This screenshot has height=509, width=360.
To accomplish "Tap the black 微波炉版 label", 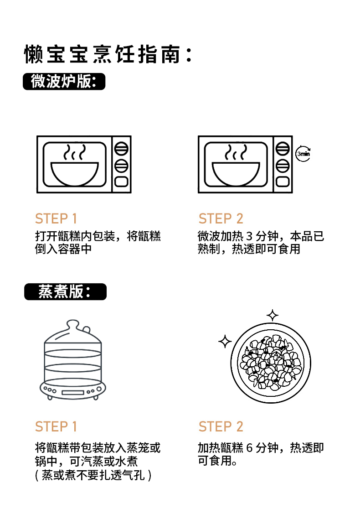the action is [64, 82].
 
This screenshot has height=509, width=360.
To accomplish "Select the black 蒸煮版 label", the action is [65, 291].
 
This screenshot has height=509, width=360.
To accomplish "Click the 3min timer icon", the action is [303, 154].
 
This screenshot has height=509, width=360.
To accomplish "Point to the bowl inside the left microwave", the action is [75, 174].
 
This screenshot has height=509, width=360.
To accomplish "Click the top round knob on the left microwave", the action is [121, 149].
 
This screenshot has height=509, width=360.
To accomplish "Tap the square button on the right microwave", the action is [283, 182].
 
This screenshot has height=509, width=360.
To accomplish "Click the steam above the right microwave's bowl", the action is [236, 152].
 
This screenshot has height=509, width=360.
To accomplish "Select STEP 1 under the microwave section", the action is [56, 219].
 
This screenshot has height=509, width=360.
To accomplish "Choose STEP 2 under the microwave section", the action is [221, 219].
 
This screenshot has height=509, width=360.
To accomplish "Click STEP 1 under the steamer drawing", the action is [56, 426].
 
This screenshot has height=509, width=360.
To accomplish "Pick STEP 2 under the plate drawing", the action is [221, 426].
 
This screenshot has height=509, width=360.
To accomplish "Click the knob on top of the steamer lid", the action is [72, 325].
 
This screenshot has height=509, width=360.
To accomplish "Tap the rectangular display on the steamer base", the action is [73, 393].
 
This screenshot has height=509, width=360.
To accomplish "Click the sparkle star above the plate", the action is [273, 315].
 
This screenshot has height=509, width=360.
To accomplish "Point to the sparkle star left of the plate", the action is [225, 341].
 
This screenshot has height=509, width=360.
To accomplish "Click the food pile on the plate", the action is [271, 363].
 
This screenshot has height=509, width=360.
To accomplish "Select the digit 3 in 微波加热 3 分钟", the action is [249, 236].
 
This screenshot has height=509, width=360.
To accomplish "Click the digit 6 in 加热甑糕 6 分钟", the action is [249, 448].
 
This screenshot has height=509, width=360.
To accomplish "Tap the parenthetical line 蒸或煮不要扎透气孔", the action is [93, 476].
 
